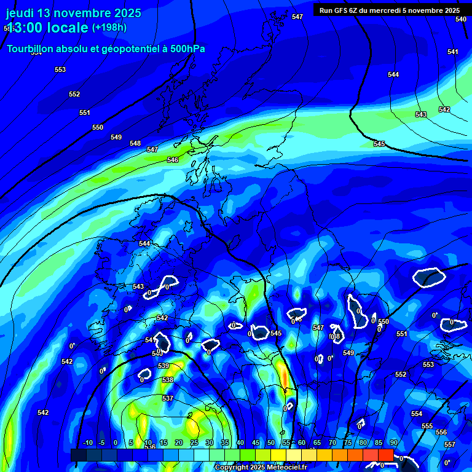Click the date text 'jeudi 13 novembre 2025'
coord(73,13)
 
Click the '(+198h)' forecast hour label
coord(109,28)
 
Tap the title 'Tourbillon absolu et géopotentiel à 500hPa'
coord(106,49)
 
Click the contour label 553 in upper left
coord(60,69)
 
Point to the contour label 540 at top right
coord(461,19)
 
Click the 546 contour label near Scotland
coord(173,160)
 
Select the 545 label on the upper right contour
coord(379,144)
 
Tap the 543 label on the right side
coord(421,115)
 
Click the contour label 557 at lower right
coord(449,444)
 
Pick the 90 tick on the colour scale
coord(393,443)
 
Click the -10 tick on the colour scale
coord(88,443)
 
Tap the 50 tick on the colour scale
coord(271,443)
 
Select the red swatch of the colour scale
coord(385,455)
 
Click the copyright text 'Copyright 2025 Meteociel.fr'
coord(261,468)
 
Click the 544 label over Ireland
coord(144,243)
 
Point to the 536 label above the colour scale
coord(150,447)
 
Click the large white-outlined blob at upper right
coord(429,278)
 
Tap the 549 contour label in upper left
coord(116,137)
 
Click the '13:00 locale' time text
coord(47,28)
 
